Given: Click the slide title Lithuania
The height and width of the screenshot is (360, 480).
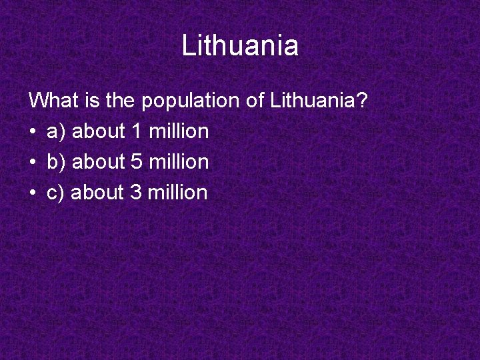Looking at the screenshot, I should coord(240,46).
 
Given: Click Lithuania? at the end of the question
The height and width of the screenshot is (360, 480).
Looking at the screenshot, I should coord(319,101).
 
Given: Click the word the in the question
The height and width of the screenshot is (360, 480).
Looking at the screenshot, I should coord(120,101).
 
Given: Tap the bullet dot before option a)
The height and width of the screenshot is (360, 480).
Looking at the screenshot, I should coord(33,132).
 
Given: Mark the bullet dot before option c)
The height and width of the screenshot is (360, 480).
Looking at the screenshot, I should coord(33,193).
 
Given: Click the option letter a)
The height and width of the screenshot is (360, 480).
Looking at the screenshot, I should coord(56,132).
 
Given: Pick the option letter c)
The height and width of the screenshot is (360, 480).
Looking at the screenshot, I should coord(55,193).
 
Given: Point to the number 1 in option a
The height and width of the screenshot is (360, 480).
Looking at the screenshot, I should coord(137,131).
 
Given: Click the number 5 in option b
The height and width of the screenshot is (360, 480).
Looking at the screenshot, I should coord(137,162).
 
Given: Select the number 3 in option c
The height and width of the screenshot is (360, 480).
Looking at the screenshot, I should coord(135,193).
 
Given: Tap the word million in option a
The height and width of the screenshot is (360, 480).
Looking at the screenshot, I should coord(179,131).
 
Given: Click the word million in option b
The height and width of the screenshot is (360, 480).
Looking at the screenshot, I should coord(179,162).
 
